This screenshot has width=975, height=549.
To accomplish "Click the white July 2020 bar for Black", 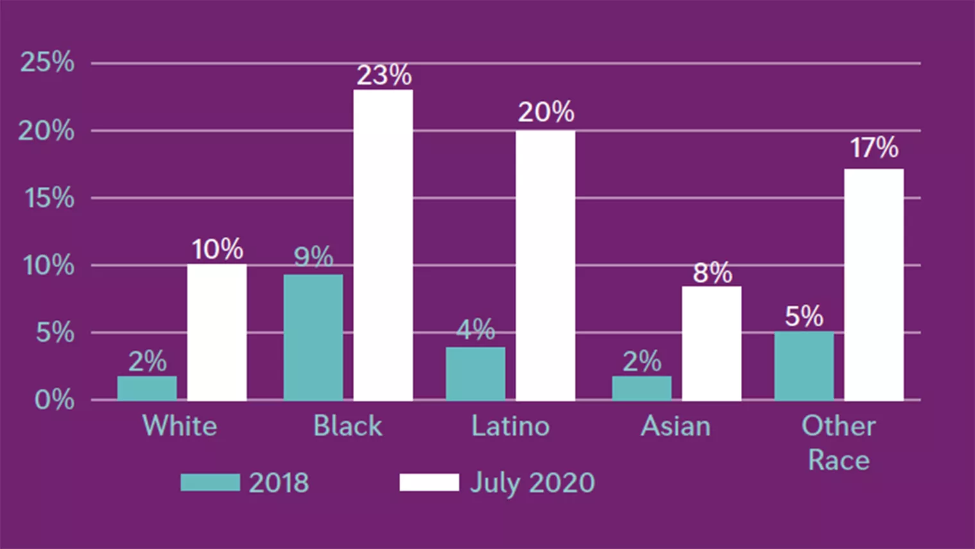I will (383, 245).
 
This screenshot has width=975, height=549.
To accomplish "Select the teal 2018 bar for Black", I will (313, 337).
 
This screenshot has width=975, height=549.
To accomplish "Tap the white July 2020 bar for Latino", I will (545, 265).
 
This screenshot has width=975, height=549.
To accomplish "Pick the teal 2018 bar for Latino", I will (475, 374).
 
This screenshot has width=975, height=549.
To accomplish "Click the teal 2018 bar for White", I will (147, 388).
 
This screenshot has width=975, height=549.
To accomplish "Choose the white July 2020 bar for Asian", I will (711, 343).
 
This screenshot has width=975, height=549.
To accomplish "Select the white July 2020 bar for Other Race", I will (874, 284).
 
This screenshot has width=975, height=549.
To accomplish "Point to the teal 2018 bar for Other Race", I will (804, 366).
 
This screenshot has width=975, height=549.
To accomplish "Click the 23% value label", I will (384, 75).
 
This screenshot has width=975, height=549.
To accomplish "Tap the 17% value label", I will (874, 148).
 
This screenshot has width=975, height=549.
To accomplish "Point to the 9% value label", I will (313, 257).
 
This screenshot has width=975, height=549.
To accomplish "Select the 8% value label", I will (712, 273).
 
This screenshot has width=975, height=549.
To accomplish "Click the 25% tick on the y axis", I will (47, 62).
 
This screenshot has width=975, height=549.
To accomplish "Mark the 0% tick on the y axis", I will (54, 400).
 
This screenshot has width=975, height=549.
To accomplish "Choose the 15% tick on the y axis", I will (49, 198).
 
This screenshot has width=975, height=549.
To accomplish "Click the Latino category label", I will (511, 426).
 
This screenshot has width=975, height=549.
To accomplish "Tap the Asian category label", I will (675, 426).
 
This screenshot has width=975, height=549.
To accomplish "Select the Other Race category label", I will (838, 442).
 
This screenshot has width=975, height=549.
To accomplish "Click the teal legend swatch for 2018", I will (210, 482).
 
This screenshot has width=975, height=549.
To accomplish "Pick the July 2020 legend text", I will (532, 483).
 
